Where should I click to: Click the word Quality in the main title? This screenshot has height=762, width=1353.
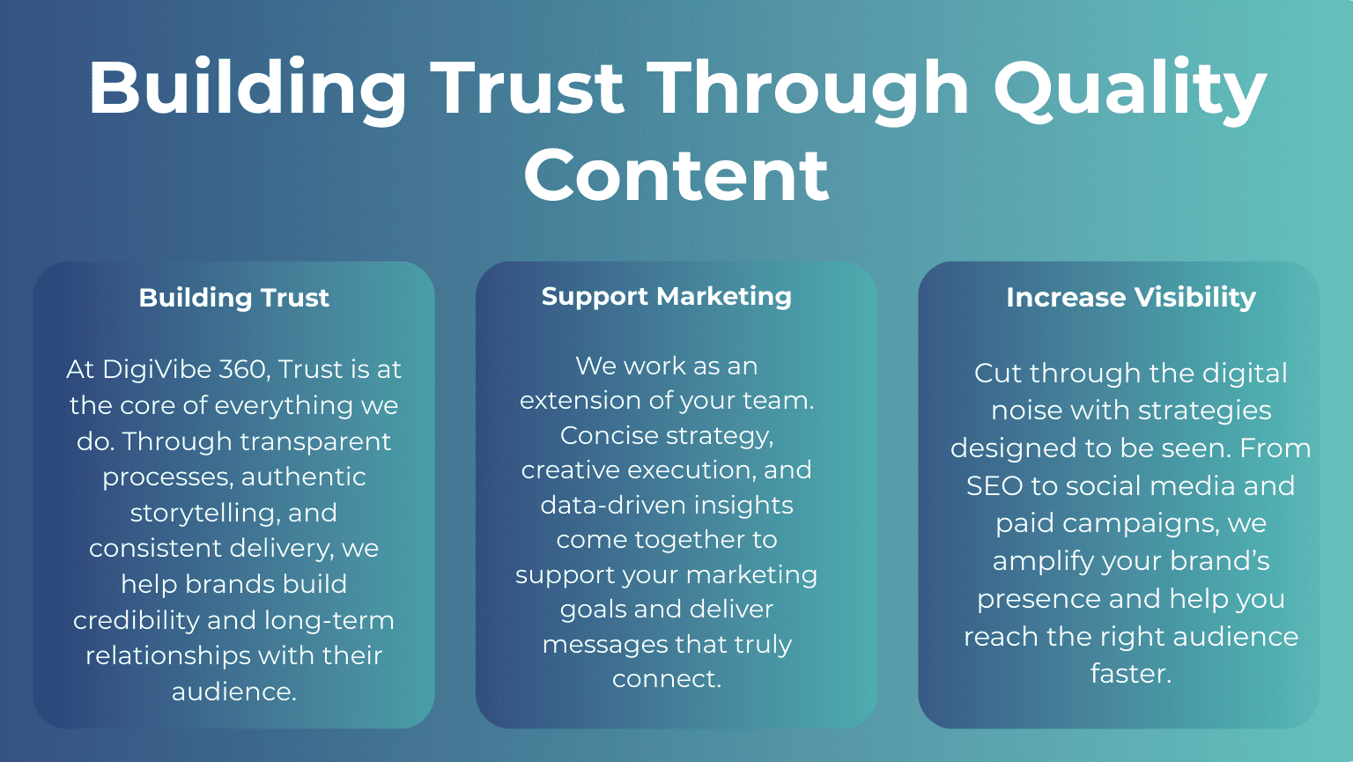[1129, 89]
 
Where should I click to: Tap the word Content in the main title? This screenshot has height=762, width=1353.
[676, 174]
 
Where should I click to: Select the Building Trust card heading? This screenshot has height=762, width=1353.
[233, 298]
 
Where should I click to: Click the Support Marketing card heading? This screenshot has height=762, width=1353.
[666, 296]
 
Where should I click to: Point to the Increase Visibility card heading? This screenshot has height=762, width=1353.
[1130, 298]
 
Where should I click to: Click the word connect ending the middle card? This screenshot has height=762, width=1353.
[666, 679]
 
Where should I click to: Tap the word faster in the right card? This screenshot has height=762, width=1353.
[1130, 674]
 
